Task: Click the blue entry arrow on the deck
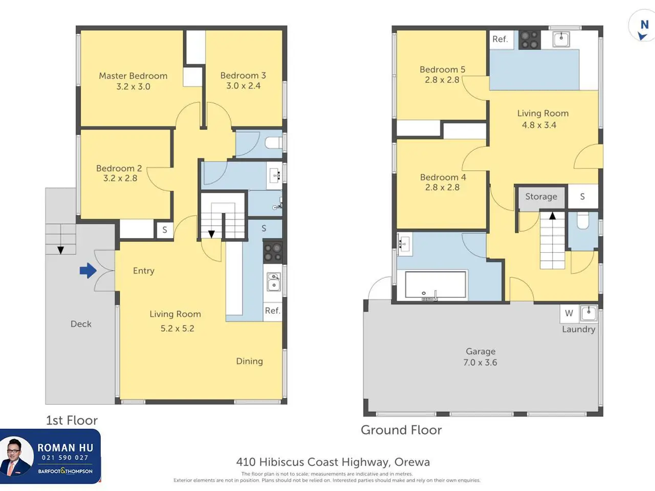pyautogui.click(x=88, y=271)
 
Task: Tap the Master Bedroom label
pyautogui.click(x=133, y=76)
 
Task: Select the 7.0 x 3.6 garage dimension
pyautogui.click(x=480, y=363)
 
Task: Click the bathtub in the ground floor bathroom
pyautogui.click(x=435, y=285)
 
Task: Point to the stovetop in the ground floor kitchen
pyautogui.click(x=530, y=40)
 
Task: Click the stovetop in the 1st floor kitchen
pyautogui.click(x=273, y=252)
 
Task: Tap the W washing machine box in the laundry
pyautogui.click(x=569, y=314)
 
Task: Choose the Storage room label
pyautogui.click(x=541, y=196)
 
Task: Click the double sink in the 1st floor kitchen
pyautogui.click(x=273, y=281)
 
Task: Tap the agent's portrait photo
pyautogui.click(x=16, y=456)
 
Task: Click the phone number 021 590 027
pyautogui.click(x=65, y=458)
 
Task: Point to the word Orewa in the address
pyautogui.click(x=412, y=462)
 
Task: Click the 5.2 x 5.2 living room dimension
pyautogui.click(x=177, y=328)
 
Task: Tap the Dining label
pyautogui.click(x=250, y=361)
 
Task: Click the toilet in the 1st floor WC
pyautogui.click(x=274, y=143)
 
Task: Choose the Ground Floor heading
pyautogui.click(x=401, y=430)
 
